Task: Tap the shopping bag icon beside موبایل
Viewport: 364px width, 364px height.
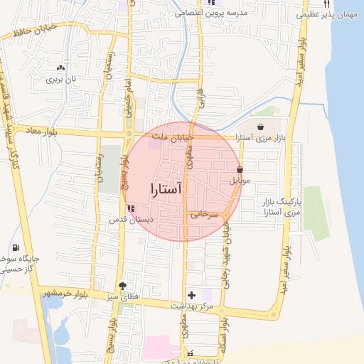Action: point(240,170)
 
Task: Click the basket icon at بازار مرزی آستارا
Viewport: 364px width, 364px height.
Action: point(259,127)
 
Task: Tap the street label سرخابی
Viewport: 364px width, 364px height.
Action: point(203,213)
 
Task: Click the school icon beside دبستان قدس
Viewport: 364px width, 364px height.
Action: point(131,208)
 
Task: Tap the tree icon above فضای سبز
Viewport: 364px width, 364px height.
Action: point(124,286)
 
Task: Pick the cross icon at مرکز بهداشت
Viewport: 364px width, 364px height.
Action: point(191,294)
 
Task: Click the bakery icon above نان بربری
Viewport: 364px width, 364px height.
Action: point(60,68)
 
